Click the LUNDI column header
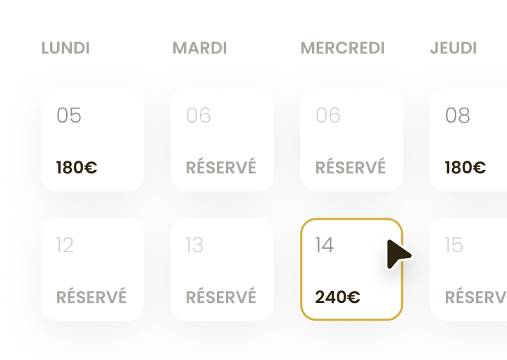pyautogui.click(x=65, y=48)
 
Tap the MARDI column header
pyautogui.click(x=200, y=48)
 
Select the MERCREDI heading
pyautogui.click(x=342, y=48)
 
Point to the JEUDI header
pyautogui.click(x=453, y=48)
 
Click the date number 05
pyautogui.click(x=69, y=116)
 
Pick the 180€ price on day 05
pyautogui.click(x=77, y=168)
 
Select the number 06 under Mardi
pyautogui.click(x=199, y=116)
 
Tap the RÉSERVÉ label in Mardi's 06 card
pyautogui.click(x=221, y=167)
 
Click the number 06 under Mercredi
pyautogui.click(x=328, y=116)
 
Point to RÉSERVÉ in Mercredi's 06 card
pyautogui.click(x=351, y=167)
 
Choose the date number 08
pyautogui.click(x=458, y=116)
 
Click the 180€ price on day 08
pyautogui.click(x=465, y=168)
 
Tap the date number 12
pyautogui.click(x=65, y=245)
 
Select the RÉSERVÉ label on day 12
pyautogui.click(x=92, y=297)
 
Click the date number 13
pyautogui.click(x=194, y=245)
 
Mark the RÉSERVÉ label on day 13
pyautogui.click(x=221, y=297)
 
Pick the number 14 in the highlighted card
pyautogui.click(x=325, y=245)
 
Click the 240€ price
pyautogui.click(x=337, y=297)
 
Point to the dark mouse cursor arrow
pyautogui.click(x=399, y=254)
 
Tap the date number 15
pyautogui.click(x=454, y=245)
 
